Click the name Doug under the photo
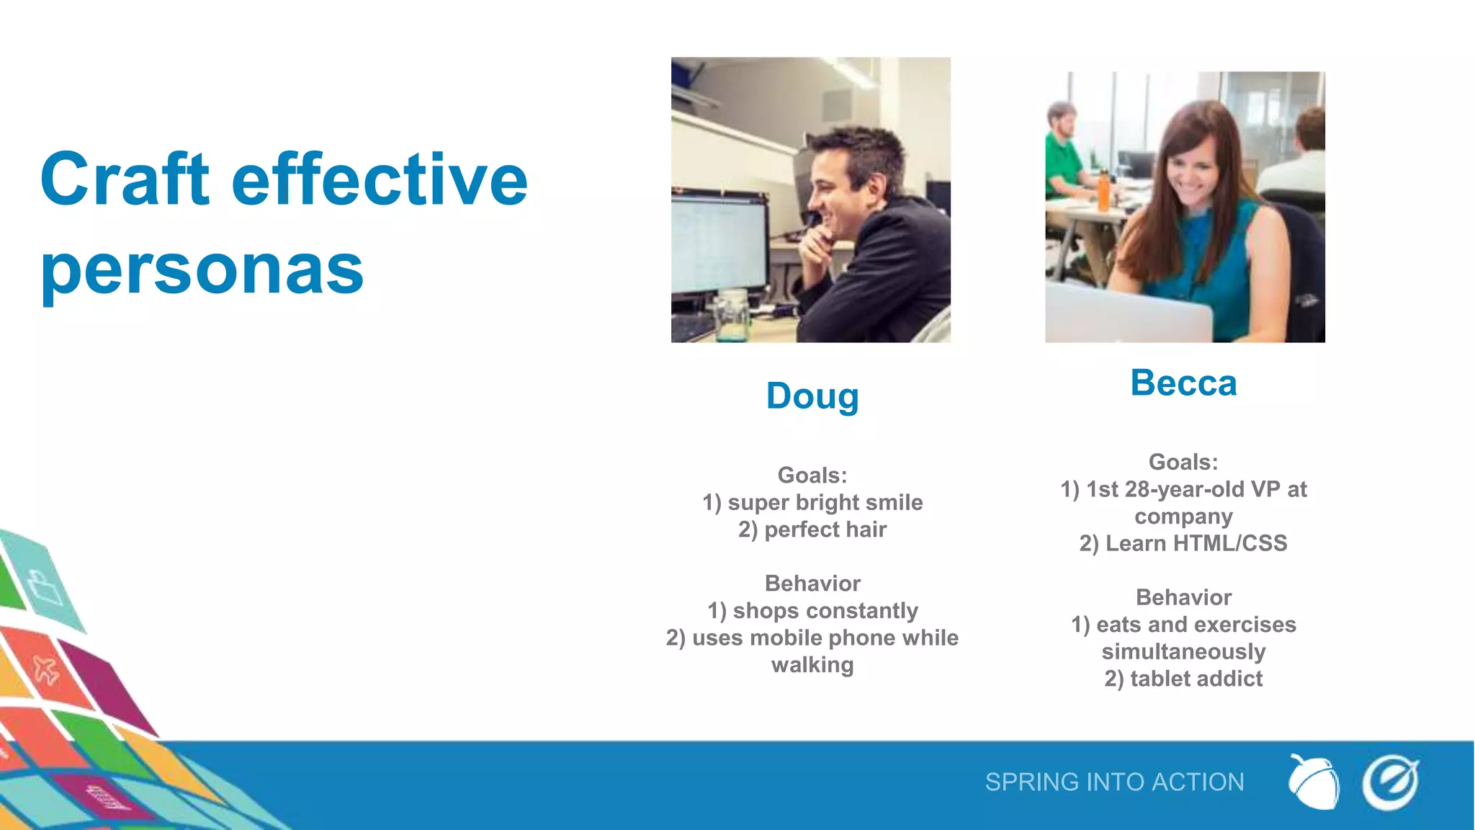[812, 396]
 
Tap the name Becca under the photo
[1183, 383]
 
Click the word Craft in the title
[125, 179]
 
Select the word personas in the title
[202, 270]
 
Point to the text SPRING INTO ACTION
[1114, 782]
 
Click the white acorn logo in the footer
[1314, 782]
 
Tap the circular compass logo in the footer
[1390, 782]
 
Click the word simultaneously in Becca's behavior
[1183, 651]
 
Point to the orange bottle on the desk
[1103, 192]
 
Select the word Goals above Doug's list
[812, 476]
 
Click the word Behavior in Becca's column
[1183, 597]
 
